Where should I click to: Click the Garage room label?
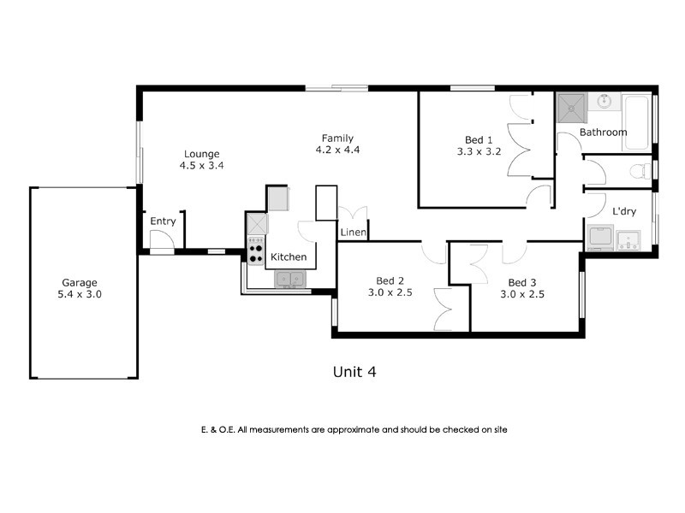coord(79,282)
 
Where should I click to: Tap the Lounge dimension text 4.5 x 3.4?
coord(201,166)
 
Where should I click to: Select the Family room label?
coord(337,139)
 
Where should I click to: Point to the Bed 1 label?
coord(479,140)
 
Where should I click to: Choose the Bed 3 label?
coord(521,282)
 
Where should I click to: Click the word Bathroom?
coord(603,133)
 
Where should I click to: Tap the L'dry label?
coord(622,210)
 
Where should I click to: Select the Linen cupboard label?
coord(354,233)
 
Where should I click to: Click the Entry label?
coord(163,221)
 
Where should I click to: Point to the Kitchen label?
coord(289,256)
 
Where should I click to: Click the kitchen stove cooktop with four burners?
coord(256,250)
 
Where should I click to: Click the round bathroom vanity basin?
coord(605,102)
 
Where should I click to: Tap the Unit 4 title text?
coord(354,371)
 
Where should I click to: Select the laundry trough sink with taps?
coord(629,239)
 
